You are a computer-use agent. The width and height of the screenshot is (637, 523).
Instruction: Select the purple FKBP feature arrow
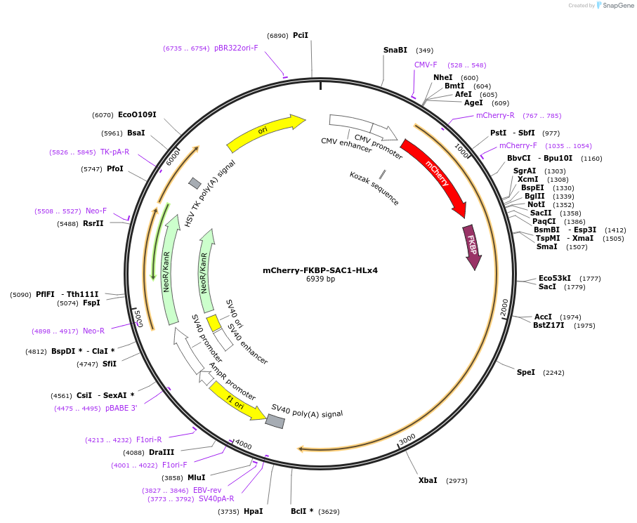(472, 246)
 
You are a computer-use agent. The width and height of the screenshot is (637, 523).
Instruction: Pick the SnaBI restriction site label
(395, 50)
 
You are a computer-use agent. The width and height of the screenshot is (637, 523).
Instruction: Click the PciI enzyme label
(301, 35)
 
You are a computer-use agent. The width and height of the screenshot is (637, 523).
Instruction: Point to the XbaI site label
(428, 480)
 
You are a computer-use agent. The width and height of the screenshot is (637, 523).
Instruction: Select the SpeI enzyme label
(525, 372)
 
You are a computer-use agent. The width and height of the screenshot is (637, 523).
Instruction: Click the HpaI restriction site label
(253, 511)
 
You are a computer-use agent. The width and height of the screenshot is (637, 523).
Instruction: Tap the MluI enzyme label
(196, 477)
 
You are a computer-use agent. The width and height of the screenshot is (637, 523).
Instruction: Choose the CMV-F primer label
(426, 65)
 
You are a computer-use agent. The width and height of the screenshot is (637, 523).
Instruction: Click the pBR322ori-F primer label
(236, 48)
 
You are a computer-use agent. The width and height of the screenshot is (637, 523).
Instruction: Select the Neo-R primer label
(93, 331)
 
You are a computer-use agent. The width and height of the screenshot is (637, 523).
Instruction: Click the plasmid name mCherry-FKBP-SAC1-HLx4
(320, 270)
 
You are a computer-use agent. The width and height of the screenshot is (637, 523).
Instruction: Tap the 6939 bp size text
(320, 279)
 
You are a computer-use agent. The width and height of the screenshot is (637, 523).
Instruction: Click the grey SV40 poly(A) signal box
(275, 421)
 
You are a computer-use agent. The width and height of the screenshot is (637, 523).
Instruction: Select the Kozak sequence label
(374, 188)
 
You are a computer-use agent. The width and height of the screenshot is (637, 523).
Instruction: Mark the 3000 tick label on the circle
(407, 439)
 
